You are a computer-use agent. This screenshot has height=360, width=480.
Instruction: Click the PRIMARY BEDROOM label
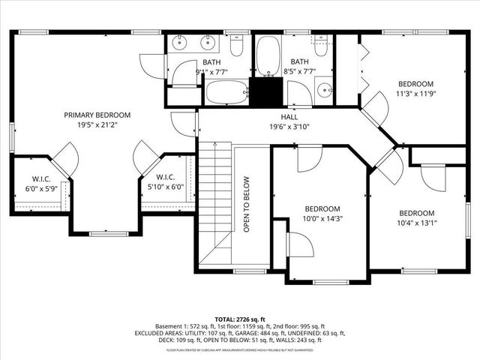coord(97,115)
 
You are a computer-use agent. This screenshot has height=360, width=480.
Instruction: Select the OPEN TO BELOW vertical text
coord(245,204)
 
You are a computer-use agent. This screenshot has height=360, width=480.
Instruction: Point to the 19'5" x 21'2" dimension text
coord(97,126)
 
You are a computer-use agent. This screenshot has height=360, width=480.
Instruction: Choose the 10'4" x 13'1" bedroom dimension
coord(416,223)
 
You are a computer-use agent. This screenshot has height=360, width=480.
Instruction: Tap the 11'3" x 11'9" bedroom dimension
coord(415,94)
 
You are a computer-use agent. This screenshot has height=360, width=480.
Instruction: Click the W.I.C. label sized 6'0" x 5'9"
coord(40,178)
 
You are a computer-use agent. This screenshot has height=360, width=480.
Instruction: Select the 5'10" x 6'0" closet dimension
coord(166,187)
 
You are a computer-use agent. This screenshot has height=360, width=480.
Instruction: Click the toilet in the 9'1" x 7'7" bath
coord(236,48)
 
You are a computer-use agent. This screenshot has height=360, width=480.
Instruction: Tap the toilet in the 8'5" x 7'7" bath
coord(321,46)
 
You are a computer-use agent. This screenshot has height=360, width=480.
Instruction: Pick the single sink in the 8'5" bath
coord(325,91)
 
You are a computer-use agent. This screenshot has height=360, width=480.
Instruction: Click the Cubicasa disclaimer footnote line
coord(239,349)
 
